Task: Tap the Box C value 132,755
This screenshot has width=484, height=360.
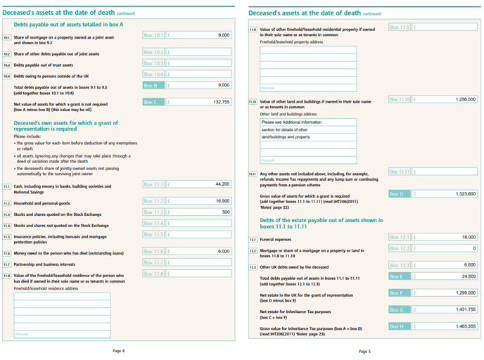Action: [220, 102]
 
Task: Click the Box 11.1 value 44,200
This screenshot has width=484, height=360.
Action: [222, 184]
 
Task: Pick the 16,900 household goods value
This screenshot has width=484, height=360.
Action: [222, 200]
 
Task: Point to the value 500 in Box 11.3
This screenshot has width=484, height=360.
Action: [225, 212]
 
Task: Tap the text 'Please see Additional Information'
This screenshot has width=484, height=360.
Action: [288, 122]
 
